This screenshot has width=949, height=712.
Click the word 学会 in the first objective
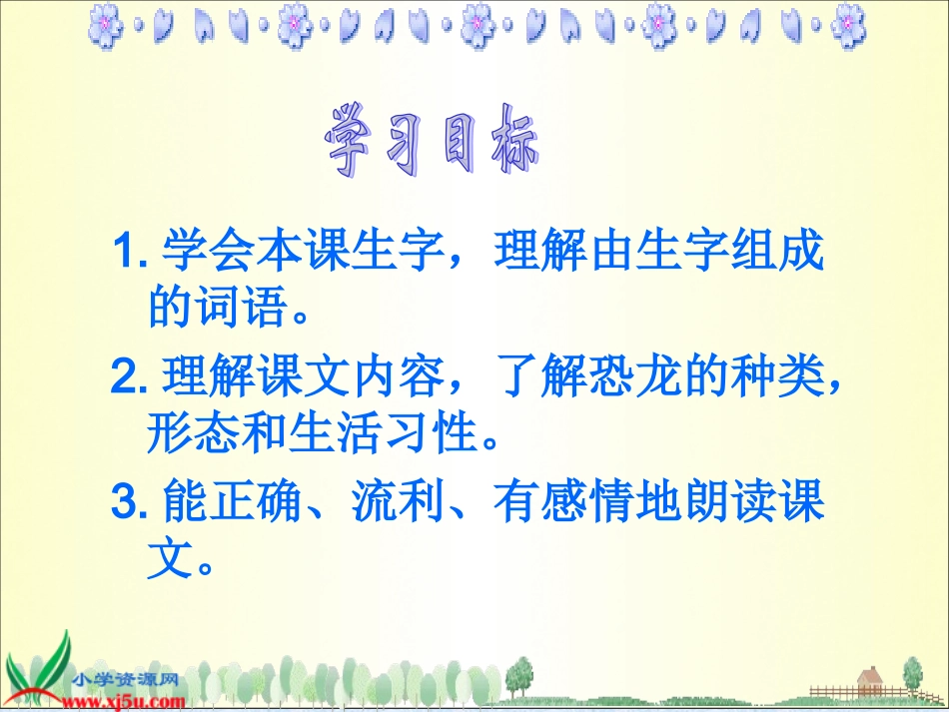(195, 252)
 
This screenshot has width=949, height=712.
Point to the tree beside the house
(911, 674)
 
